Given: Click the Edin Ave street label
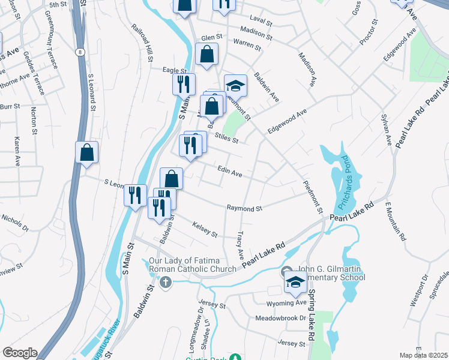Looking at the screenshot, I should (230, 173).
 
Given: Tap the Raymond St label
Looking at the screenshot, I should (244, 208).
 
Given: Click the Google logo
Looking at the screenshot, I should (20, 353).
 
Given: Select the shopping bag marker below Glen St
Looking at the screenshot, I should (207, 54).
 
